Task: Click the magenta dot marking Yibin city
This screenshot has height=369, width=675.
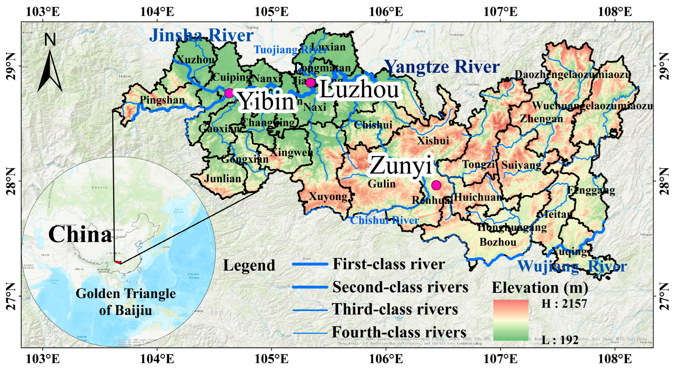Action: [229, 93]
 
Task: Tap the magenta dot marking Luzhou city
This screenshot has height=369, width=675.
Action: [310, 83]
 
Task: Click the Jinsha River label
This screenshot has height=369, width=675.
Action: [201, 35]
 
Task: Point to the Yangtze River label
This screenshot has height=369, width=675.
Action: [442, 67]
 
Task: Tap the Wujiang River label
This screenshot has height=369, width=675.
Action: [572, 267]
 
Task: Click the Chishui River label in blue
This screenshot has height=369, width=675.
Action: [384, 220]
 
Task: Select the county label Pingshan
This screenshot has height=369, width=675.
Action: [162, 100]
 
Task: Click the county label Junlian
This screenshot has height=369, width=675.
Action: [223, 179]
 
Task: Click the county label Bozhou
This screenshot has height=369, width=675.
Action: [498, 242]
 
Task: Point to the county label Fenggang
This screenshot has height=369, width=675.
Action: [591, 190]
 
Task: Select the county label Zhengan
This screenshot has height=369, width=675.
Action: [541, 119]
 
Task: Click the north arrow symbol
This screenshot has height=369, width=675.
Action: [50, 71]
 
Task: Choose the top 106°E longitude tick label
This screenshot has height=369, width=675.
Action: [386, 12]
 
